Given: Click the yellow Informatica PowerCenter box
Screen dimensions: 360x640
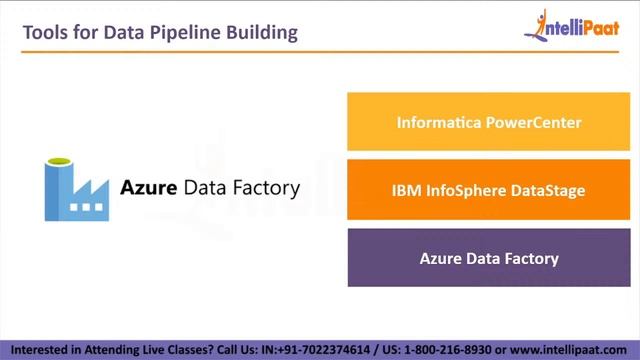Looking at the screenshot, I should pos(488,122).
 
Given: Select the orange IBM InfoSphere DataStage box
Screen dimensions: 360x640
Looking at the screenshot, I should pos(488,190).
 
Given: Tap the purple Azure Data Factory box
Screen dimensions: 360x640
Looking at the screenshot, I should pos(488,258).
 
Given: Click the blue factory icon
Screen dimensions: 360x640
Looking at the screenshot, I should pos(76,189).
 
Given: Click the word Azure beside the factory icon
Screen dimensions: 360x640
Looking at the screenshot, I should pos(149,187).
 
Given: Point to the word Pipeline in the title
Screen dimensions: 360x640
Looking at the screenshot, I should pos(176,32).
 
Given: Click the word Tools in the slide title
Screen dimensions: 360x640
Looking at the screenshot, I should pos(44,32).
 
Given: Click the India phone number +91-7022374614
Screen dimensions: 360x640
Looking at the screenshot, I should pos(318,350).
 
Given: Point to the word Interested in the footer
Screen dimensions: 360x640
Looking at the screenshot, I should pos(37,350).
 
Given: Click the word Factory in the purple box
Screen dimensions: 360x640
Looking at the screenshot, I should pos(530,258).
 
